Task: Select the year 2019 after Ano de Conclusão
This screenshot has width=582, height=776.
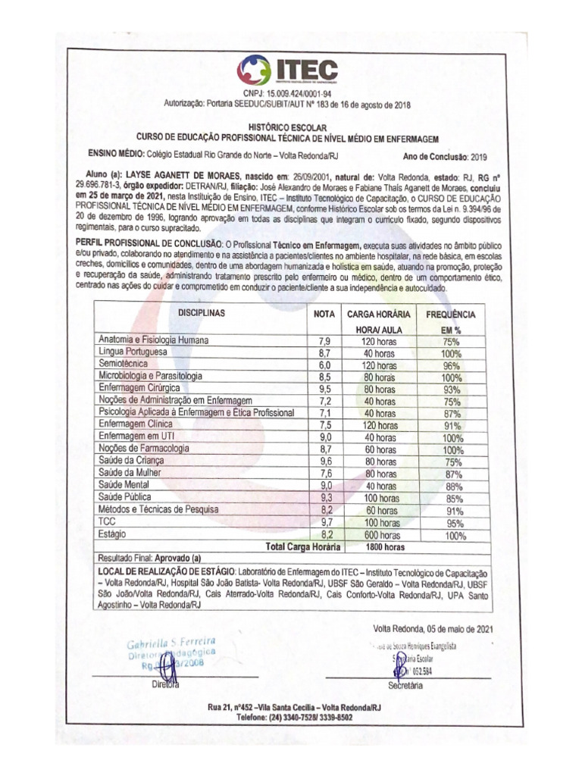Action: pyautogui.click(x=479, y=158)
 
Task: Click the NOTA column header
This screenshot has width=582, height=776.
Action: pyautogui.click(x=324, y=314)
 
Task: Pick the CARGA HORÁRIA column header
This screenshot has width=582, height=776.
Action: pyautogui.click(x=379, y=314)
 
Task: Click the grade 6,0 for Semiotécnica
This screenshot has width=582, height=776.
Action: pyautogui.click(x=324, y=365)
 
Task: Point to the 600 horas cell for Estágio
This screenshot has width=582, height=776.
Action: pyautogui.click(x=379, y=535)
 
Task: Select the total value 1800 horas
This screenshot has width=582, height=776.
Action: pyautogui.click(x=379, y=546)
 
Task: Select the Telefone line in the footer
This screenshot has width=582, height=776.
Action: pyautogui.click(x=294, y=716)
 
